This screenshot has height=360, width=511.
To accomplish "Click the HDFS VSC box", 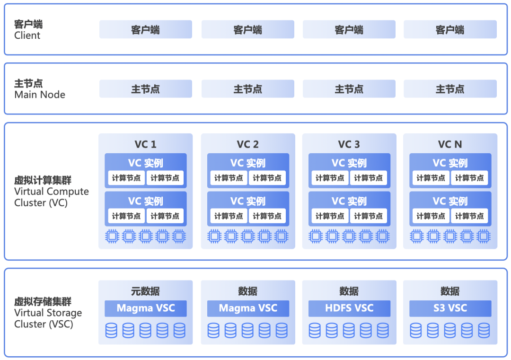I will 349,308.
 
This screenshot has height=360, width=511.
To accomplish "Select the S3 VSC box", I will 450,308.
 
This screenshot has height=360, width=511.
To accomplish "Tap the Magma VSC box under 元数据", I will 146,308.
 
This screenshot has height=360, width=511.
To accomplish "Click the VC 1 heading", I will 145,144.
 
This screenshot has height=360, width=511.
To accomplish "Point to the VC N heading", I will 450,144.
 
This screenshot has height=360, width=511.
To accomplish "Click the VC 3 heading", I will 349,144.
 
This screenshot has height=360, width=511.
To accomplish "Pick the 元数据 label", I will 145,291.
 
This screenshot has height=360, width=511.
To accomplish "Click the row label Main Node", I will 40,95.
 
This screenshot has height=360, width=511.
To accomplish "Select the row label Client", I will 27,35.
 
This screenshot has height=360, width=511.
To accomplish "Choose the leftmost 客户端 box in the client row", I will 145,30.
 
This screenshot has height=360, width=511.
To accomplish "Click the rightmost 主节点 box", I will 450,89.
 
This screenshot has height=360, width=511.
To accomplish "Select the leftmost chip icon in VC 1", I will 112,236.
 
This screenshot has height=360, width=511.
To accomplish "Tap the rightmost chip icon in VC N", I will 484,236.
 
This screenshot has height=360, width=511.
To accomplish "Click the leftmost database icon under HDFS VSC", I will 315,330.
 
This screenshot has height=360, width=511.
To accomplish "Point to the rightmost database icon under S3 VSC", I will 484,330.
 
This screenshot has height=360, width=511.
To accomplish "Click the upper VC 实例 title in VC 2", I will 248,163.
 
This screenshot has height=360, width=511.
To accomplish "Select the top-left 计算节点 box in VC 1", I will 126,178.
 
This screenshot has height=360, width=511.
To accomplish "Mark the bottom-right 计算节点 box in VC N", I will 469,216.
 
